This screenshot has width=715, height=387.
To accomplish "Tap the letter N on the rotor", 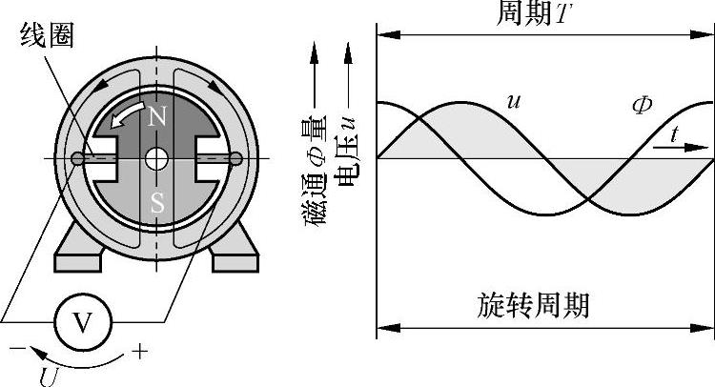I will point(157,116).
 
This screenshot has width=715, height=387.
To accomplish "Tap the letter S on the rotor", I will point(156,203).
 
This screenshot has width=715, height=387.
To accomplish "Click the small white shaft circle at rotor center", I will point(156,158).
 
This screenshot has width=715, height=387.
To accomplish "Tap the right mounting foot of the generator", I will point(233,254).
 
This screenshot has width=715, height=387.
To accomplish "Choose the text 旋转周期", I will point(533,305).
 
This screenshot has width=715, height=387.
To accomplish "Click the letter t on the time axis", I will point(675,134).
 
